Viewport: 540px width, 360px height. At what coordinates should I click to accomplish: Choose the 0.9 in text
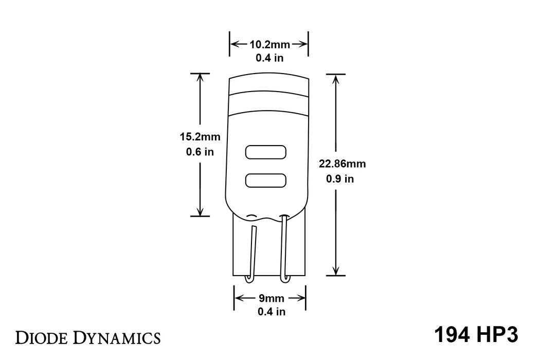(x=340, y=179)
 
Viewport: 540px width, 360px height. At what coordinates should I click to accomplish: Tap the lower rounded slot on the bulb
(x=266, y=180)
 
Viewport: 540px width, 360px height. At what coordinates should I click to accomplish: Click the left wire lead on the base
(x=251, y=252)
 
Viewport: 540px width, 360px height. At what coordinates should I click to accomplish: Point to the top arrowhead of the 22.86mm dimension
(x=335, y=78)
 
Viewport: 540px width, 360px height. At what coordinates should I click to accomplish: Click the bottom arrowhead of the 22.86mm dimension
(x=335, y=271)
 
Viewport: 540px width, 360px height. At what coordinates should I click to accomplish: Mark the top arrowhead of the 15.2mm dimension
(x=200, y=78)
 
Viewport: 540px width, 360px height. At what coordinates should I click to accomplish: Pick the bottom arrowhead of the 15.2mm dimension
(x=200, y=211)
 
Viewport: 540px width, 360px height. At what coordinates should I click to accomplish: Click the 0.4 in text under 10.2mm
(x=269, y=58)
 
